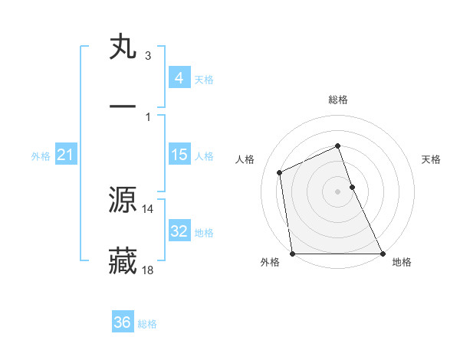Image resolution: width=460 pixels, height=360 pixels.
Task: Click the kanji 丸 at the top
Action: (123, 47)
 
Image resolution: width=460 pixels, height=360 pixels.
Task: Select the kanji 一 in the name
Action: (123, 106)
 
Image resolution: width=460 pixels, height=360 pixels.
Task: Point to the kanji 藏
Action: (123, 261)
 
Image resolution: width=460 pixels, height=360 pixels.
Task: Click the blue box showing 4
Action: (179, 77)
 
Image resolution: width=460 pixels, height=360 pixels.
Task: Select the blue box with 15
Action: (179, 155)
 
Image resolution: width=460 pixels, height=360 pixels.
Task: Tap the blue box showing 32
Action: (179, 231)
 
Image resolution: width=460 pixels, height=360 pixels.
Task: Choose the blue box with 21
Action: (66, 155)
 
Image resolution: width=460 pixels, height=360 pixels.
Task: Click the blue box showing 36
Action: (123, 322)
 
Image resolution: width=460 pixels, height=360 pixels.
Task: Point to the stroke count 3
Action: (147, 56)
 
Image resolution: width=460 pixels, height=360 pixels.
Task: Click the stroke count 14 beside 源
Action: (148, 208)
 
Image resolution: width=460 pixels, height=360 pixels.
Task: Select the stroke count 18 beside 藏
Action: (148, 270)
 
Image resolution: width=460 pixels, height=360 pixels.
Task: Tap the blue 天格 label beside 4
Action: (204, 79)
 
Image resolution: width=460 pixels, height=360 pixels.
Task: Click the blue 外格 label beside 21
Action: (41, 156)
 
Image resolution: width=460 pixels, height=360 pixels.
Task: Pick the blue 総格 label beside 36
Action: (147, 324)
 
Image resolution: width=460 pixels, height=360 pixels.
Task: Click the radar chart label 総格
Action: (338, 100)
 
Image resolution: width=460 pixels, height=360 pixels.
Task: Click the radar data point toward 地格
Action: (383, 254)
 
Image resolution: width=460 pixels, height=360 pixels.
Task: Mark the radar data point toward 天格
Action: (353, 186)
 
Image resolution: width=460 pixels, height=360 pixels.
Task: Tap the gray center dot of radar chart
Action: (338, 191)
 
